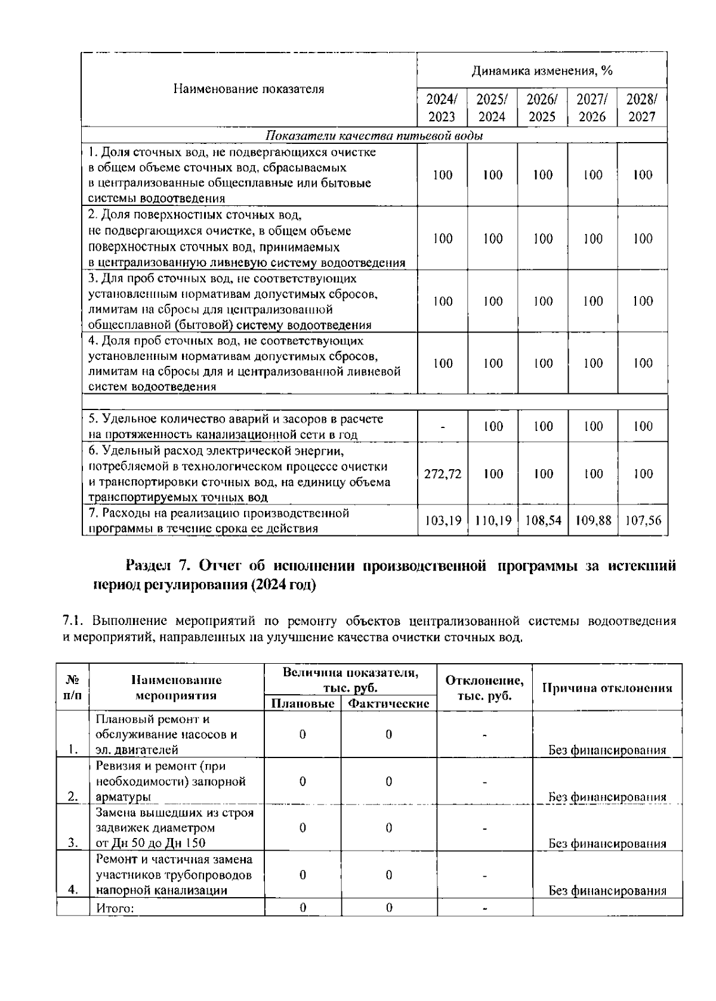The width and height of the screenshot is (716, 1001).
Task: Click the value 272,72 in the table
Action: [442, 474]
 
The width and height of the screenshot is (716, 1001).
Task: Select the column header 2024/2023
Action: [442, 107]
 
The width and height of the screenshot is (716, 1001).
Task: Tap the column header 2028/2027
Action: [642, 107]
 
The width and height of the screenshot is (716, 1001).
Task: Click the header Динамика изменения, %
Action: [542, 72]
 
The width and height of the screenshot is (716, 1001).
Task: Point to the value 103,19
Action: [442, 520]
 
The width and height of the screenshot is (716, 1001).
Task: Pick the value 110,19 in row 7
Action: [492, 520]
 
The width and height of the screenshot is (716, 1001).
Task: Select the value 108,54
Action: [542, 520]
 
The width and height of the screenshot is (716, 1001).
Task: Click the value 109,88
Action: [592, 520]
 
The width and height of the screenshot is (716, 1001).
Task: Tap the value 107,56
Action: [643, 520]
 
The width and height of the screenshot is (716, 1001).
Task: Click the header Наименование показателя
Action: [249, 90]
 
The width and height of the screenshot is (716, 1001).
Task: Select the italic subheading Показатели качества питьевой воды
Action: [374, 135]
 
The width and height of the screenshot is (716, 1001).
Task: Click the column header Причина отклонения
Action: [607, 688]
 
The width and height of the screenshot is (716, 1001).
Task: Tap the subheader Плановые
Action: [303, 704]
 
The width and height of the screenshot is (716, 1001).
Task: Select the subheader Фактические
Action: [388, 704]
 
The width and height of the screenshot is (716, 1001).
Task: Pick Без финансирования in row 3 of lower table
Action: [607, 843]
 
